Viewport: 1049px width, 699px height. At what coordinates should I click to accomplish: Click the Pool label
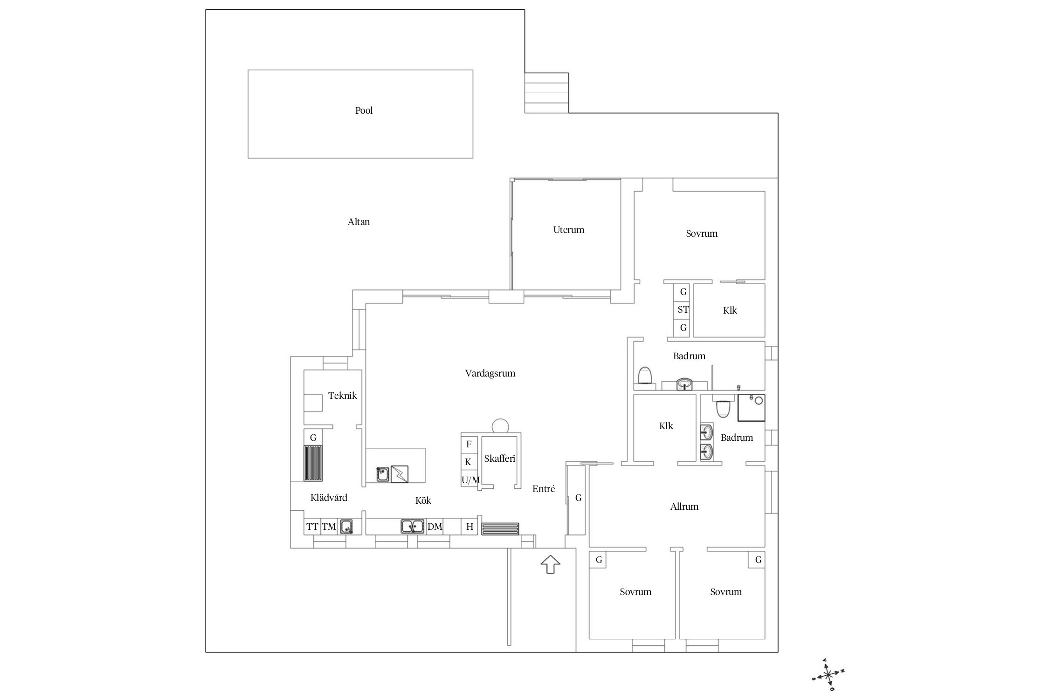(x=364, y=110)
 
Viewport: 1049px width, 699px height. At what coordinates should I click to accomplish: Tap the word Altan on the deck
(x=359, y=222)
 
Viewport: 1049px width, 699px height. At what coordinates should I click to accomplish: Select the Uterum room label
(x=568, y=230)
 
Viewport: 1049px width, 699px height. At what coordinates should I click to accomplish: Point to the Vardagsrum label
(x=490, y=373)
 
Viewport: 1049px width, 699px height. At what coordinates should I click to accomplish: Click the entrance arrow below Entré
(x=550, y=564)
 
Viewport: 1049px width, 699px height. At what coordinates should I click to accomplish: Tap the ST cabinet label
(x=683, y=309)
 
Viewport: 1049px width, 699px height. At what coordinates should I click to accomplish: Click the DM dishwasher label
(x=435, y=527)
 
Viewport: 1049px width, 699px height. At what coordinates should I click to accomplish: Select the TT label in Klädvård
(x=312, y=527)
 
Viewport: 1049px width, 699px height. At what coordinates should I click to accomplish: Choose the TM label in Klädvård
(x=329, y=527)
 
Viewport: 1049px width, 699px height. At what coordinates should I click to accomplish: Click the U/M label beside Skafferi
(x=470, y=480)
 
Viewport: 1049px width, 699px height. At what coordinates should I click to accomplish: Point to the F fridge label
(x=469, y=444)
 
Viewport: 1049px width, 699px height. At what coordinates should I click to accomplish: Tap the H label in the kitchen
(x=469, y=527)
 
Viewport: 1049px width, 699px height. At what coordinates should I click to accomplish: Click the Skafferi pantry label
(x=499, y=459)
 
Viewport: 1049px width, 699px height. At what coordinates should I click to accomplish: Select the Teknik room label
(x=342, y=396)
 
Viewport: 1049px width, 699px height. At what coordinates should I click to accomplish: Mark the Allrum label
(x=684, y=507)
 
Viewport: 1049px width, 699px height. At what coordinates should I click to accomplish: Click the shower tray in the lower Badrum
(x=751, y=408)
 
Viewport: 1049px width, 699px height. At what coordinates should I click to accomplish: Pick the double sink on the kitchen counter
(x=412, y=526)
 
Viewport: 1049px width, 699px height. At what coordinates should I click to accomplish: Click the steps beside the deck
(x=546, y=93)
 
